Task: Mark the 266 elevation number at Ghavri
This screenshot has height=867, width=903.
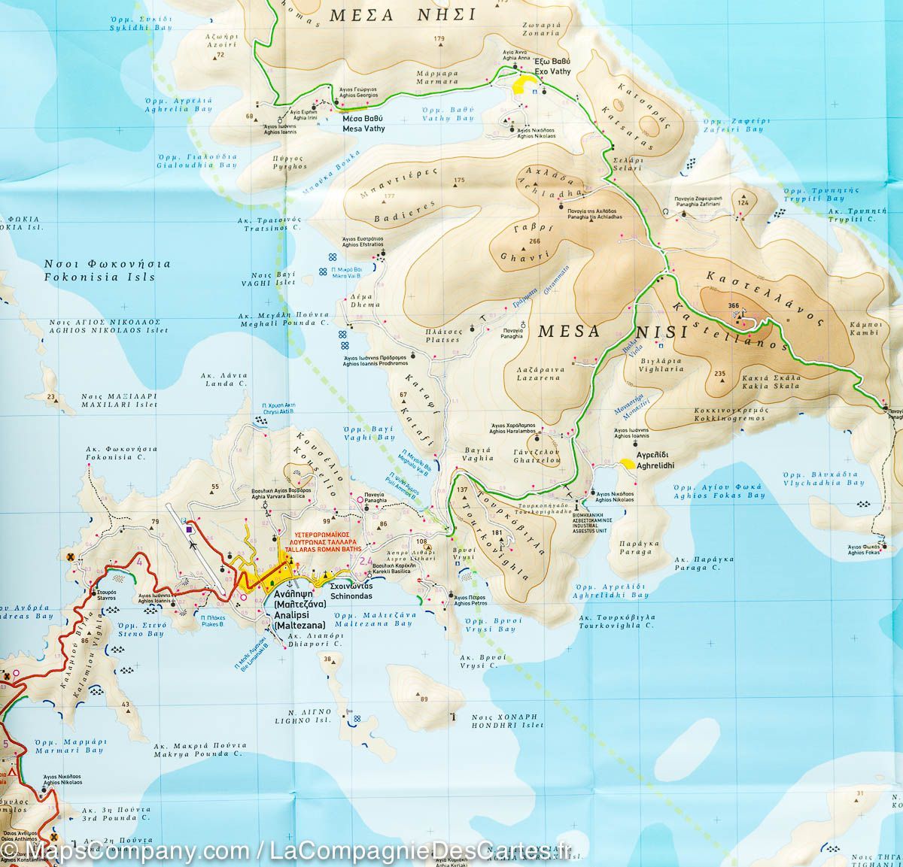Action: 535,241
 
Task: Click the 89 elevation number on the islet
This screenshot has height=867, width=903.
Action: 424,699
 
